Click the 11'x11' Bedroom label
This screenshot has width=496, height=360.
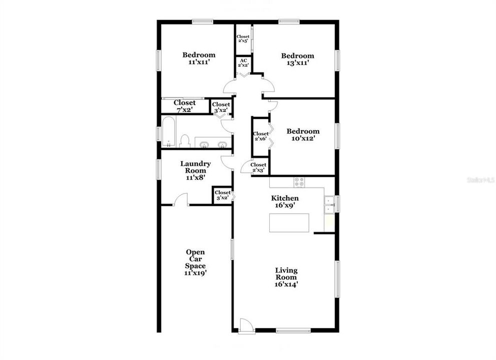[x=199, y=58]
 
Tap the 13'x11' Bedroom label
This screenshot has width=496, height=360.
[x=297, y=59]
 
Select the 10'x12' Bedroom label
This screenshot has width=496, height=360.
[x=303, y=134]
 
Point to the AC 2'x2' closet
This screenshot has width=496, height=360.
[x=243, y=63]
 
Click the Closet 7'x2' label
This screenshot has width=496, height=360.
[x=185, y=106]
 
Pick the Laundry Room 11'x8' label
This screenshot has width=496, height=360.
[x=195, y=170]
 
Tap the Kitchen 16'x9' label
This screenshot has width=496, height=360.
[x=285, y=201]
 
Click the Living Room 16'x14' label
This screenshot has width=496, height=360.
[x=286, y=277]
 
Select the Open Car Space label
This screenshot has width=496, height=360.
[x=195, y=262]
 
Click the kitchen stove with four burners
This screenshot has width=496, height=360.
[x=299, y=182]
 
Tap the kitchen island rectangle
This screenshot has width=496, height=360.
[x=289, y=222]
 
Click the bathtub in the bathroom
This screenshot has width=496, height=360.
[x=168, y=131]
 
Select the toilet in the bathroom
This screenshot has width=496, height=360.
[x=184, y=140]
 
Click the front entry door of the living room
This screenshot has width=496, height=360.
[x=245, y=325]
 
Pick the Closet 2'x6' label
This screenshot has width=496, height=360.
[x=260, y=136]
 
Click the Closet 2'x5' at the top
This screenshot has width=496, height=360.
[x=243, y=38]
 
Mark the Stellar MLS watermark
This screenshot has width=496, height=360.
[x=480, y=179]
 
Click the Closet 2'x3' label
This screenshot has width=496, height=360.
[x=258, y=167]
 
